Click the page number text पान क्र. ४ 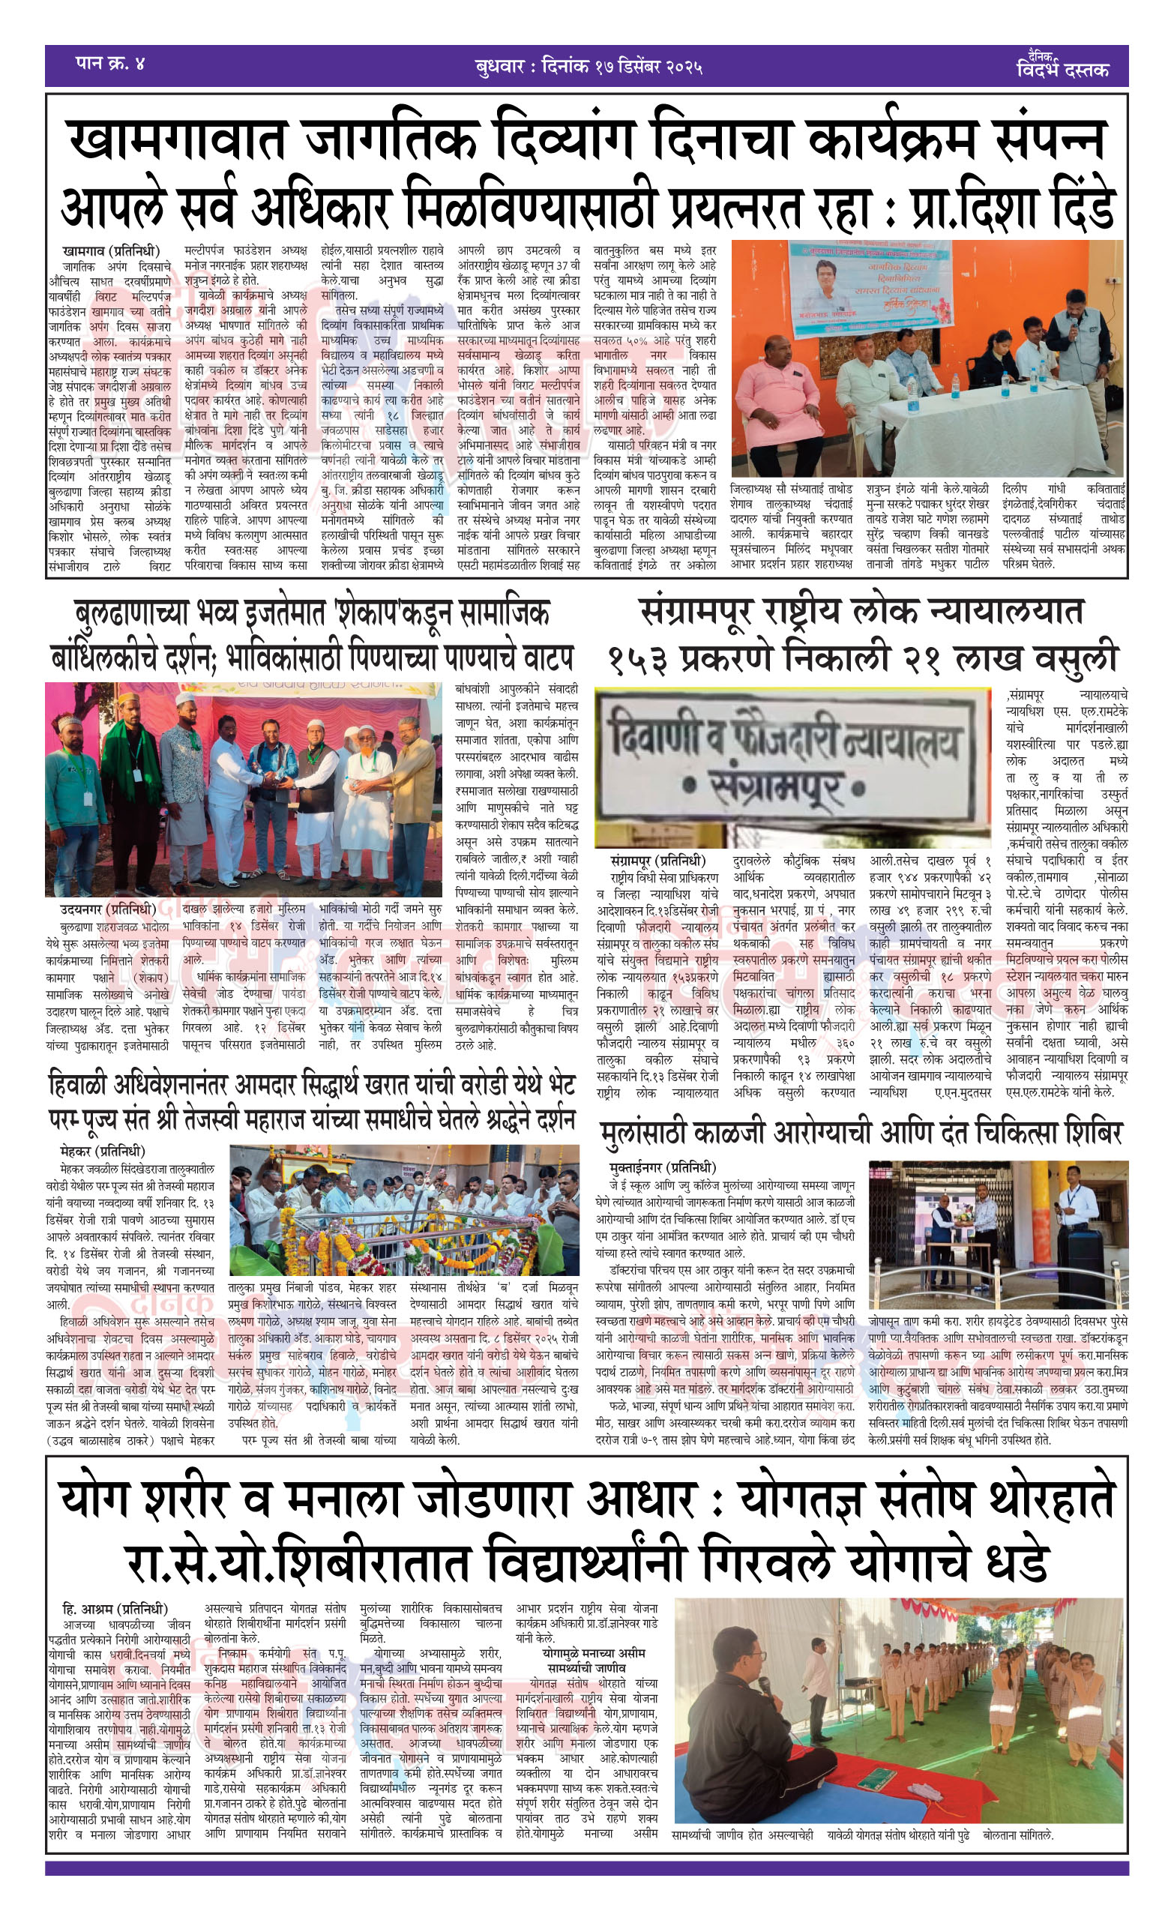coord(110,64)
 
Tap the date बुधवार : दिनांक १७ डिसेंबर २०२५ coord(588,67)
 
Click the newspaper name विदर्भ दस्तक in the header coord(1062,69)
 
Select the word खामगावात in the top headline coord(177,141)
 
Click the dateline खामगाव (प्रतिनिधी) coord(111,251)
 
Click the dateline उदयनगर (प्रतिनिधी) coord(108,909)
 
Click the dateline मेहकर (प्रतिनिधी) coord(103,1152)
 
